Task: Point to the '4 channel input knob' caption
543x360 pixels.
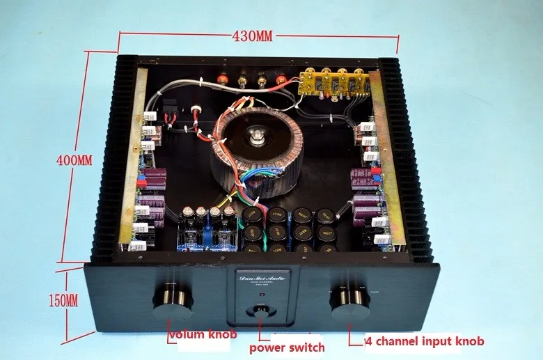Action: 425,342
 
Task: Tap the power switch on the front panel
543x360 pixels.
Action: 260,311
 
